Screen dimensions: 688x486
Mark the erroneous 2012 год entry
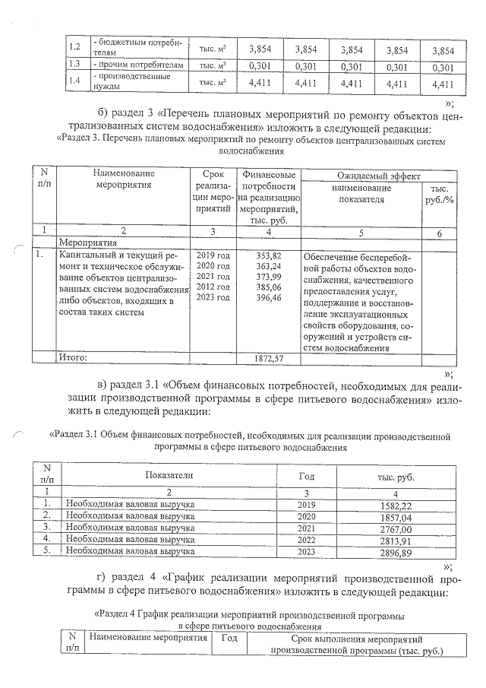click(213, 287)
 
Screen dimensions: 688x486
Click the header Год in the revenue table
click(307, 474)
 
